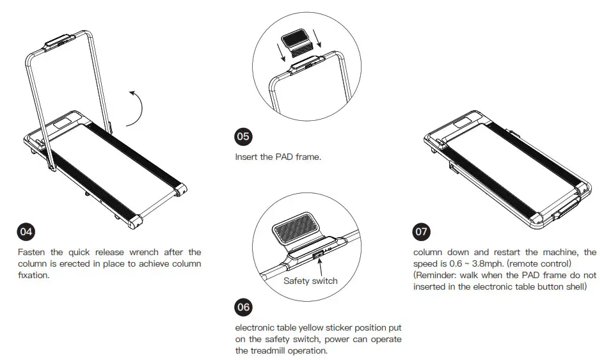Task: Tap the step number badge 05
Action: [x=243, y=136]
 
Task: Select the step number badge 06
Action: [x=243, y=307]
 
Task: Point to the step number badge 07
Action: [x=422, y=231]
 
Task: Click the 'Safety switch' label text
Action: [x=310, y=280]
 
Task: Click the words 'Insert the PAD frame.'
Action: [x=278, y=157]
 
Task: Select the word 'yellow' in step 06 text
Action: [x=313, y=327]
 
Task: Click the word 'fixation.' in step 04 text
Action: [x=33, y=276]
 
